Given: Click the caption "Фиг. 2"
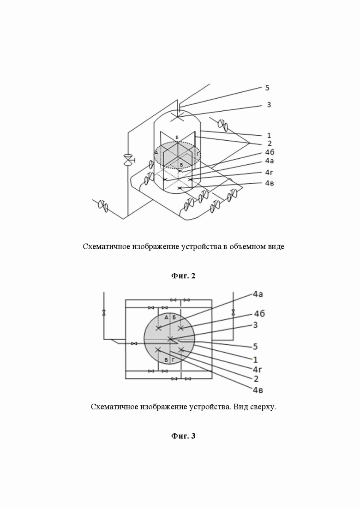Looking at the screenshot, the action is tap(183, 276).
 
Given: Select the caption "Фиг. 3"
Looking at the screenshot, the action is tap(183, 436).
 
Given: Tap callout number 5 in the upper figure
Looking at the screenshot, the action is tap(267, 88).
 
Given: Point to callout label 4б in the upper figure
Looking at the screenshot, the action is tap(270, 152).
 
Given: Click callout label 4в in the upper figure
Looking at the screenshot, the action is tap(270, 183).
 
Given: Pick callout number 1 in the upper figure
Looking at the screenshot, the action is tap(269, 135).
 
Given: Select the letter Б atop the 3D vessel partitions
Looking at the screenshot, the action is tap(177, 138).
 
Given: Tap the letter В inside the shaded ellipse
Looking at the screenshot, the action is tap(181, 165).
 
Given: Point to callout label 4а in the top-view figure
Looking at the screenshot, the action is tap(258, 294).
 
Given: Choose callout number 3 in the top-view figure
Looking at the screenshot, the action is tap(255, 324).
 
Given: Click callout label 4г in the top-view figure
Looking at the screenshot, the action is tap(258, 369).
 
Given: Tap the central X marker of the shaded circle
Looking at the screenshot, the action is tap(170, 339).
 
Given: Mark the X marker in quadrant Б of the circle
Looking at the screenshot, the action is tap(181, 328).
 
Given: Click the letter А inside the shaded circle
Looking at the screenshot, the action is tap(166, 317).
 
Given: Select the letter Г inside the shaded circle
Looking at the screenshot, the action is tap(174, 360).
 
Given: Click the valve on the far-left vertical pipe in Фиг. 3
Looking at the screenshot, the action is tap(103, 313).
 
